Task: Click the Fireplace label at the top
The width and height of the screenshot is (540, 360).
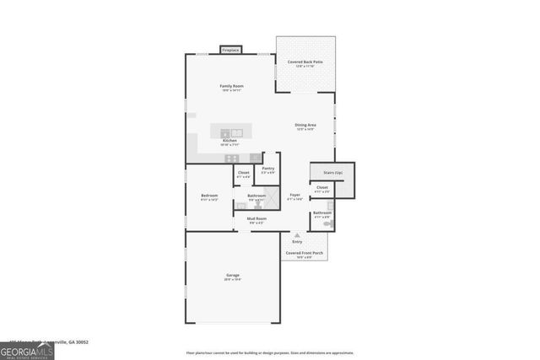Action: point(230,51)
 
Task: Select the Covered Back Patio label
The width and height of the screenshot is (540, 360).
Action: point(305,62)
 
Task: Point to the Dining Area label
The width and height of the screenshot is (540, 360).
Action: point(305,125)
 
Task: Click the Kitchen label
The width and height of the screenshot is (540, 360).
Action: point(229,141)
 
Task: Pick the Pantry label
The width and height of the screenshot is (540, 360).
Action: point(268,168)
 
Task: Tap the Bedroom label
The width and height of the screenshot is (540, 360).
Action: point(209,196)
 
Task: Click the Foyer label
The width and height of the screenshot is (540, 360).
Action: point(294,195)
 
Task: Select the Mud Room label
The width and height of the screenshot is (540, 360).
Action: point(256,218)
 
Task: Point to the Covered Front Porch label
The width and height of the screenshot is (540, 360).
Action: point(305,253)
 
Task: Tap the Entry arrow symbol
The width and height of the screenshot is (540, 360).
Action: point(296,235)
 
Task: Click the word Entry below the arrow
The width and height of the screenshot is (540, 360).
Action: point(296,242)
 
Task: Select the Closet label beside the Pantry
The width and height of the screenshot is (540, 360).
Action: point(243,173)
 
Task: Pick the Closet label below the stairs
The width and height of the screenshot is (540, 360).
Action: point(322,187)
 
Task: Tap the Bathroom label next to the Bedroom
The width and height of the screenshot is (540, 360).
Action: point(256,196)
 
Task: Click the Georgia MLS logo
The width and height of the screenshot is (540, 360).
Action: point(27,351)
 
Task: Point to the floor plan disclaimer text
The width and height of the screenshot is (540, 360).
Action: point(270,352)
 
